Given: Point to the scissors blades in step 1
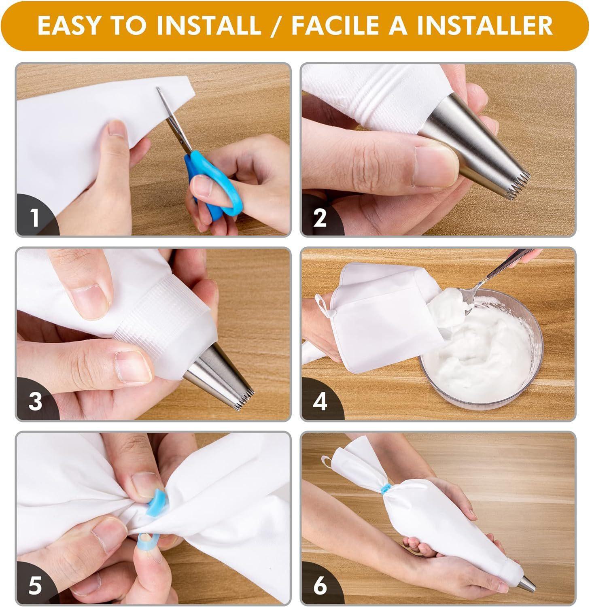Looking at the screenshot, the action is [x=172, y=119].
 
